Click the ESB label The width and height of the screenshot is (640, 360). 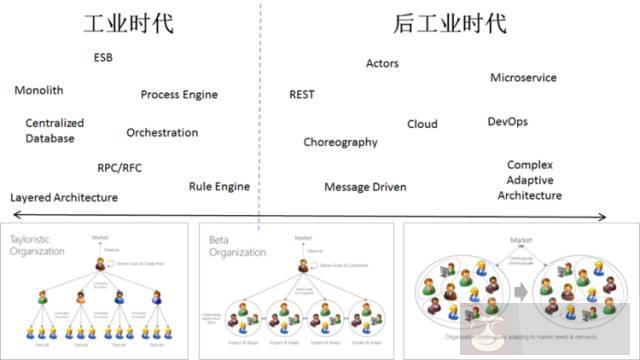103,58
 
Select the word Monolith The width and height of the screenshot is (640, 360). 39,90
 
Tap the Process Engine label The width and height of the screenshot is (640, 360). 179,95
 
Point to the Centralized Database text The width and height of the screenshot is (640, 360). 54,131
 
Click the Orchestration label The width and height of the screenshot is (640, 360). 162,133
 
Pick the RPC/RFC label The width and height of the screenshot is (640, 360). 120,168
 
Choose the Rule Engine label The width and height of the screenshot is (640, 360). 219,187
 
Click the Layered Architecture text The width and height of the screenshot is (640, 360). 64,198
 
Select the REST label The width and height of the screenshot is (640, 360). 302,95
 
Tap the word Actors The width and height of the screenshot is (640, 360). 382,64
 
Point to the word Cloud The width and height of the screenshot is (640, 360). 422,125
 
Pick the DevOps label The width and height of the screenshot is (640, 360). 507,122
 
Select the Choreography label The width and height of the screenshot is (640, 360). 341,142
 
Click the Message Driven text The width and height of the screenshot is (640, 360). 365,187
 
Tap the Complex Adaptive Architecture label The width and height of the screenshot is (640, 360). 530,180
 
